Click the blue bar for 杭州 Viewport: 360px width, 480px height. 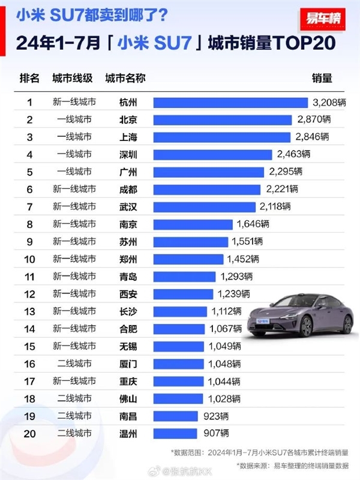coord(232,102)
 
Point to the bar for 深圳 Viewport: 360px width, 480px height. coord(214,154)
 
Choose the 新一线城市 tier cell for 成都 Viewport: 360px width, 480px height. coord(74,190)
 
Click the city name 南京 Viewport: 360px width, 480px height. coord(128,224)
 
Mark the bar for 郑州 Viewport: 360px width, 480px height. coord(190,259)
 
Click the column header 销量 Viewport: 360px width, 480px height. coord(322,79)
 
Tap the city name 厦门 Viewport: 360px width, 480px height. coord(128,364)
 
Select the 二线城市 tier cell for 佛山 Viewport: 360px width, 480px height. coord(74,399)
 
